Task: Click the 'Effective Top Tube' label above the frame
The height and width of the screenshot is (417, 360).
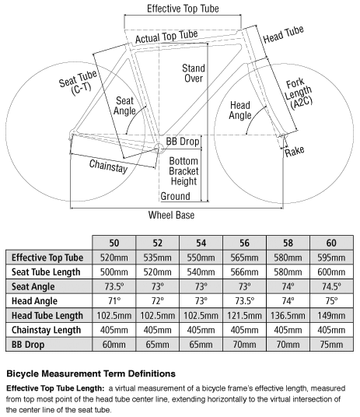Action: [x=183, y=9]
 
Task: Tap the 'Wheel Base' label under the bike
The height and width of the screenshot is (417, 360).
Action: [x=172, y=215]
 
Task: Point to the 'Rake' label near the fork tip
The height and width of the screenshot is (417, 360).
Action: [x=295, y=151]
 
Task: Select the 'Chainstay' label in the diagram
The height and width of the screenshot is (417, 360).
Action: [x=108, y=166]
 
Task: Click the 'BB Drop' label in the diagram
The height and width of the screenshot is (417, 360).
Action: [x=183, y=142]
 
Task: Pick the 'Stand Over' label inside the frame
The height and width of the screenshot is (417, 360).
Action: [x=194, y=73]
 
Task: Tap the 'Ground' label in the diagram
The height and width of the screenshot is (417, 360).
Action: [x=176, y=196]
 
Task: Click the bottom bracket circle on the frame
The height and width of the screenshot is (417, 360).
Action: [x=159, y=148]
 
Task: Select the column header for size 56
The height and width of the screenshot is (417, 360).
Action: [x=244, y=243]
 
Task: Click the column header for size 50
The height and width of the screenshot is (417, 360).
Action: [x=114, y=243]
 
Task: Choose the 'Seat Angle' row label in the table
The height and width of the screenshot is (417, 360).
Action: [x=33, y=286]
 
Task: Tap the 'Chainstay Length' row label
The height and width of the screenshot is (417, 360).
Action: [x=46, y=330]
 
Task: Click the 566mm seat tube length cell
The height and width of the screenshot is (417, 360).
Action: [x=244, y=272]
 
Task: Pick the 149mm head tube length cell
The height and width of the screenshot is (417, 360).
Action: [x=331, y=315]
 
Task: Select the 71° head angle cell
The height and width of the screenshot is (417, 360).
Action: [x=114, y=301]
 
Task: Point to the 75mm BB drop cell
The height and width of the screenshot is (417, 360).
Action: [x=331, y=345]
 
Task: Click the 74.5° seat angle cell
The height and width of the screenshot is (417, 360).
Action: [x=331, y=286]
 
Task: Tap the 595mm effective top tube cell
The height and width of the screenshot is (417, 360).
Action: [x=331, y=258]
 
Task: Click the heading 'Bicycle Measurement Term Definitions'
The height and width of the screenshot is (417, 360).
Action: [x=91, y=373]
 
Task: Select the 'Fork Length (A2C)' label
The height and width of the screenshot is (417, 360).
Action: [x=299, y=94]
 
